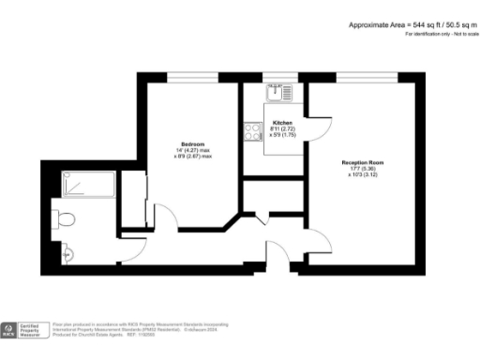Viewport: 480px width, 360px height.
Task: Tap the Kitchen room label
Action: click(x=281, y=123)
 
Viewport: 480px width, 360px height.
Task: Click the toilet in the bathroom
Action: click(x=65, y=218)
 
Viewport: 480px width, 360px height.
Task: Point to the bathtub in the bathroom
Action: click(x=86, y=185)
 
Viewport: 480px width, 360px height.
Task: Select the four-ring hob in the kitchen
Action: click(x=252, y=133)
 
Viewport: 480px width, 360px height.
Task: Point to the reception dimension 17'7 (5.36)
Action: click(x=362, y=169)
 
